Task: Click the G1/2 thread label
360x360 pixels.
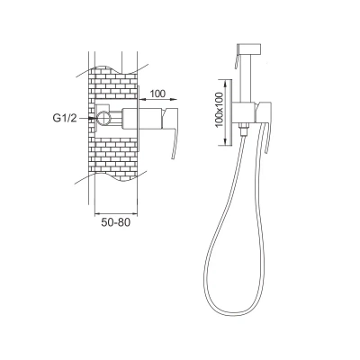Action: click(x=65, y=118)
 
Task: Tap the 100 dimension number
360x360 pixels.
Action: click(x=157, y=94)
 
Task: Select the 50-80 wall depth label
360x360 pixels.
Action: click(x=116, y=222)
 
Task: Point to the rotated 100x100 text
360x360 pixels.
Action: click(x=220, y=110)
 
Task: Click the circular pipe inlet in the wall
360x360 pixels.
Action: click(x=103, y=118)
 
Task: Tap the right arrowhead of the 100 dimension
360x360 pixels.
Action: click(x=175, y=99)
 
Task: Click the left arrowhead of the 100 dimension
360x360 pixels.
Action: click(x=142, y=99)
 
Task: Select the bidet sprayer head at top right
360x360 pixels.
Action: click(x=248, y=49)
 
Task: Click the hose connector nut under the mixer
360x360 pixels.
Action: click(x=243, y=129)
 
